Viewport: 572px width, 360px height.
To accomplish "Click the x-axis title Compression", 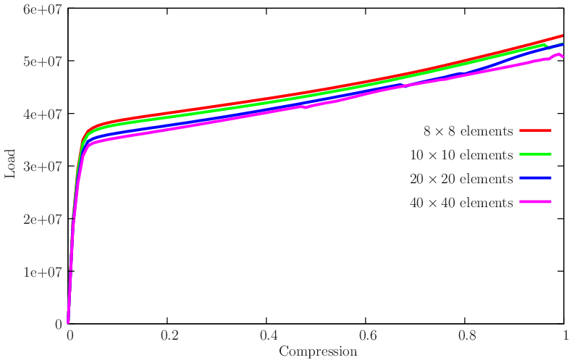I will coord(317,352).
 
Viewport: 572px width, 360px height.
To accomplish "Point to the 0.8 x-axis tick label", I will coord(466,336).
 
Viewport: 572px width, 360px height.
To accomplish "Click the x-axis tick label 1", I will coord(564,336).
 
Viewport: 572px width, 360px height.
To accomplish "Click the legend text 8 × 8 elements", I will coord(468,131).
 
